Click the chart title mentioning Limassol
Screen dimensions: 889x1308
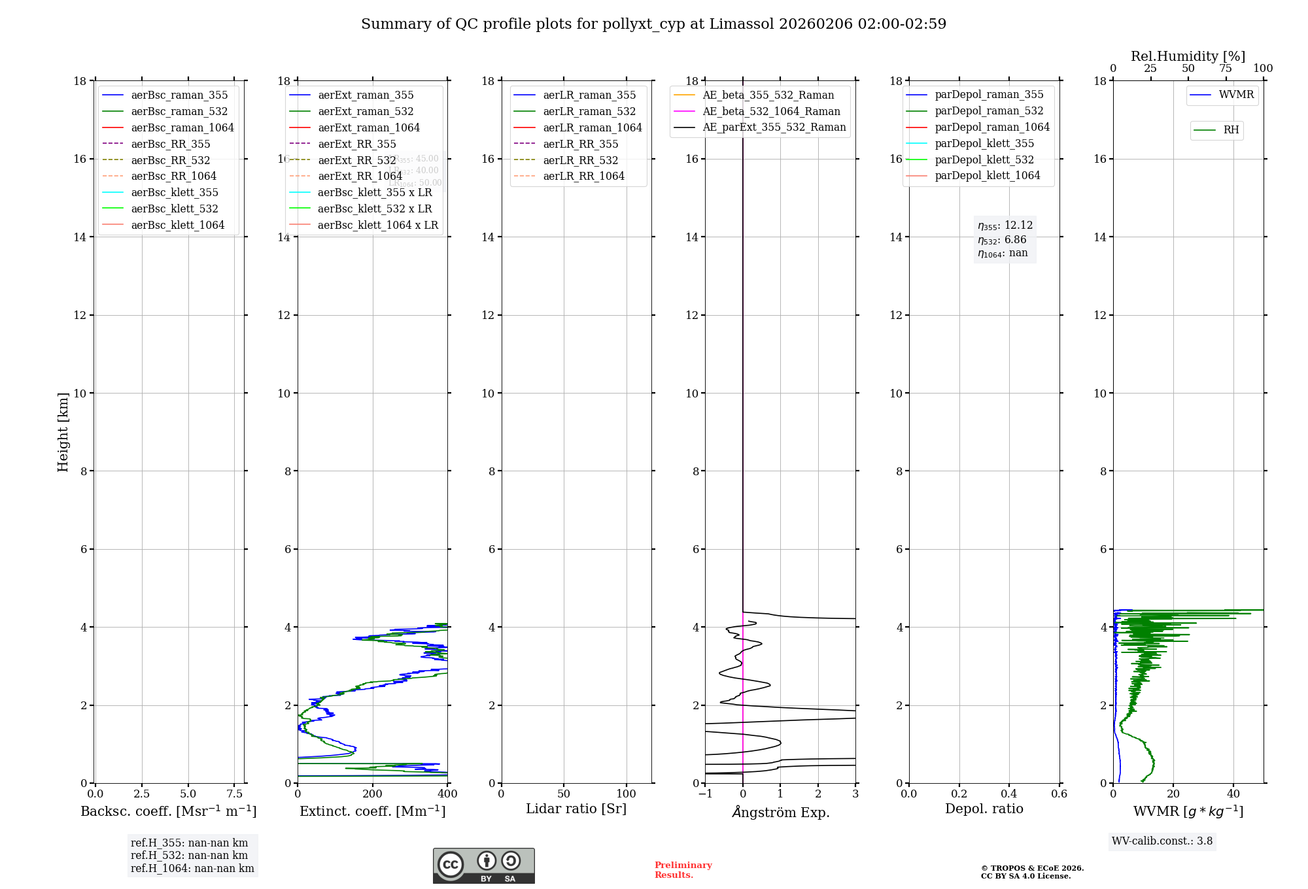pos(653,24)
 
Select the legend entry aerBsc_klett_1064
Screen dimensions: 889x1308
pos(177,225)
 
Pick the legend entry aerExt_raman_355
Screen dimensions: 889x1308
pos(366,95)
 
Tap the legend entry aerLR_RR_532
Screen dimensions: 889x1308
pos(580,160)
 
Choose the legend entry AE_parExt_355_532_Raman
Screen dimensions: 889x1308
pos(774,127)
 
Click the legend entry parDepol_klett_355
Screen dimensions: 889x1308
pos(984,143)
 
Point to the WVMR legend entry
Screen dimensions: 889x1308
pos(1236,95)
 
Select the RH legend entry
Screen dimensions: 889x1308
pos(1231,130)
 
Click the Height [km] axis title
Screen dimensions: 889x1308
pos(63,431)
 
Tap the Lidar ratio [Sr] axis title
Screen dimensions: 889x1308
pos(576,809)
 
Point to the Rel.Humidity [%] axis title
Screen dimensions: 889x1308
pos(1188,56)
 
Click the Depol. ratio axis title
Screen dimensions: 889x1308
pos(984,809)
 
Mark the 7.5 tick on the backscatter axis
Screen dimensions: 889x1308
pos(235,794)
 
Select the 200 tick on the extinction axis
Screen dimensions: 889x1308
pos(373,794)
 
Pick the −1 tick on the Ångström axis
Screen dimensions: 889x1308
pos(705,794)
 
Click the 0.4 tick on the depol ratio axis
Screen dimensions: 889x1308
pos(1009,794)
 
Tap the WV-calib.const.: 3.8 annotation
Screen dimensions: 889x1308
pos(1162,841)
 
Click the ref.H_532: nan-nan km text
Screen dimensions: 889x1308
pos(189,855)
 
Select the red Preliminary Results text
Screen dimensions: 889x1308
pos(683,869)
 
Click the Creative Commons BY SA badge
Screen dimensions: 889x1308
pos(483,865)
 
